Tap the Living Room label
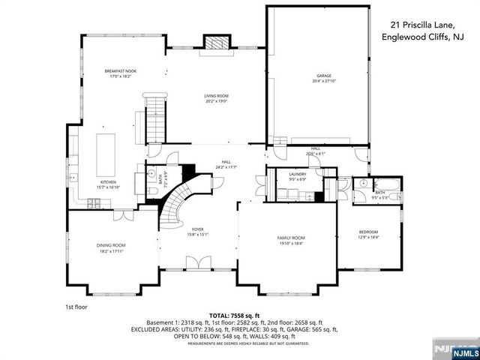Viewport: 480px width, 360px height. point(216,95)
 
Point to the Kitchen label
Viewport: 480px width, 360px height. point(107,182)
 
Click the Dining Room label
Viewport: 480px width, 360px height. point(110,245)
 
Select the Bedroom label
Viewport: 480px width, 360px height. point(368,231)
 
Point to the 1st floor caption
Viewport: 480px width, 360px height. point(75,307)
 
